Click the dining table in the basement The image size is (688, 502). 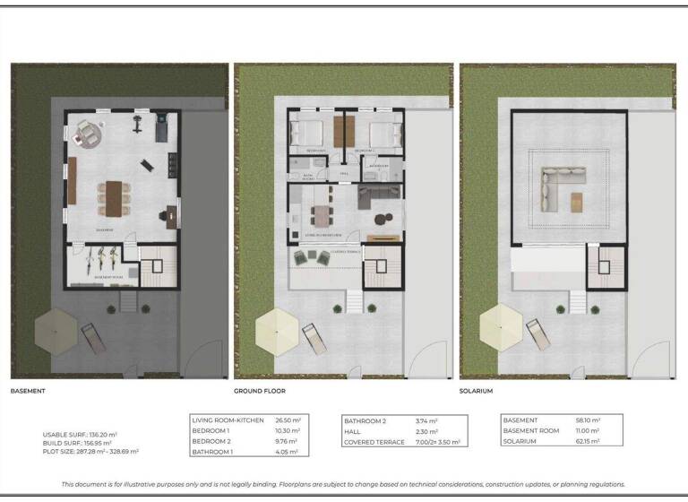click(115, 195)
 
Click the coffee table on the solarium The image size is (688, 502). click(576, 201)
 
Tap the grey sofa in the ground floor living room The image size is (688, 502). click(370, 196)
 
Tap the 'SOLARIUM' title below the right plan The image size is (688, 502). click(476, 392)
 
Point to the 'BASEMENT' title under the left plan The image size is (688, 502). click(28, 392)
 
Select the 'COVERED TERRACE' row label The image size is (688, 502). click(371, 442)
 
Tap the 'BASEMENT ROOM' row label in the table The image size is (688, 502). click(531, 430)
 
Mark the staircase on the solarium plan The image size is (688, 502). click(603, 267)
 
